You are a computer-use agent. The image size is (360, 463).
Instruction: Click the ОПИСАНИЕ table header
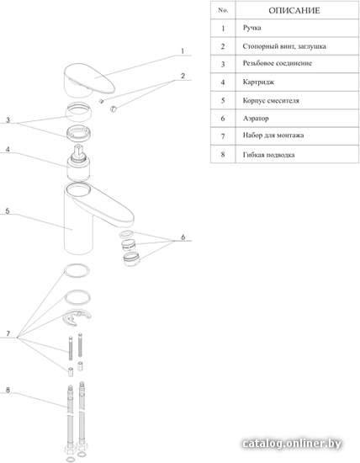click(294, 11)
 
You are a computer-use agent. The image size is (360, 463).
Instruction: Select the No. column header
click(223, 10)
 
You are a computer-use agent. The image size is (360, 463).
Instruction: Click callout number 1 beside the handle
click(183, 51)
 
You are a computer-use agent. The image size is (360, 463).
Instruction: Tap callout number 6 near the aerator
click(183, 237)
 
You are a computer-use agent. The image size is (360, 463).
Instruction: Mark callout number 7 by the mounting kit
click(8, 333)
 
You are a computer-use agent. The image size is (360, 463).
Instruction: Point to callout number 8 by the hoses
click(8, 390)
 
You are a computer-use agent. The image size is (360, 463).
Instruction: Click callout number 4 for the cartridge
click(8, 149)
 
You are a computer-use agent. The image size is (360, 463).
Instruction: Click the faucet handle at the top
click(88, 80)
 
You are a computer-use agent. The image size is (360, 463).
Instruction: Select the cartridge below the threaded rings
click(78, 163)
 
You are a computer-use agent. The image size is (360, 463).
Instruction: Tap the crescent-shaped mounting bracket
click(77, 317)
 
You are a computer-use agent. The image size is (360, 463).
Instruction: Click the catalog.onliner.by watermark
click(292, 444)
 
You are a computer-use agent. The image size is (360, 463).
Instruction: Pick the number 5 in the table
click(223, 100)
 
